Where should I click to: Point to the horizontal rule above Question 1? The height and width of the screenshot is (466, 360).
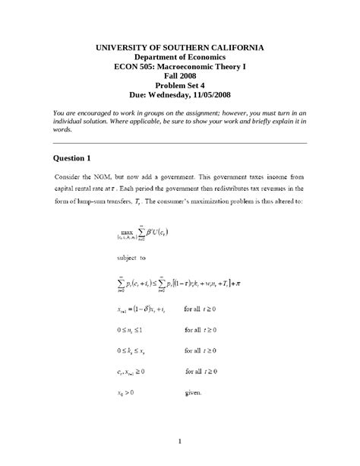[180, 143]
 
